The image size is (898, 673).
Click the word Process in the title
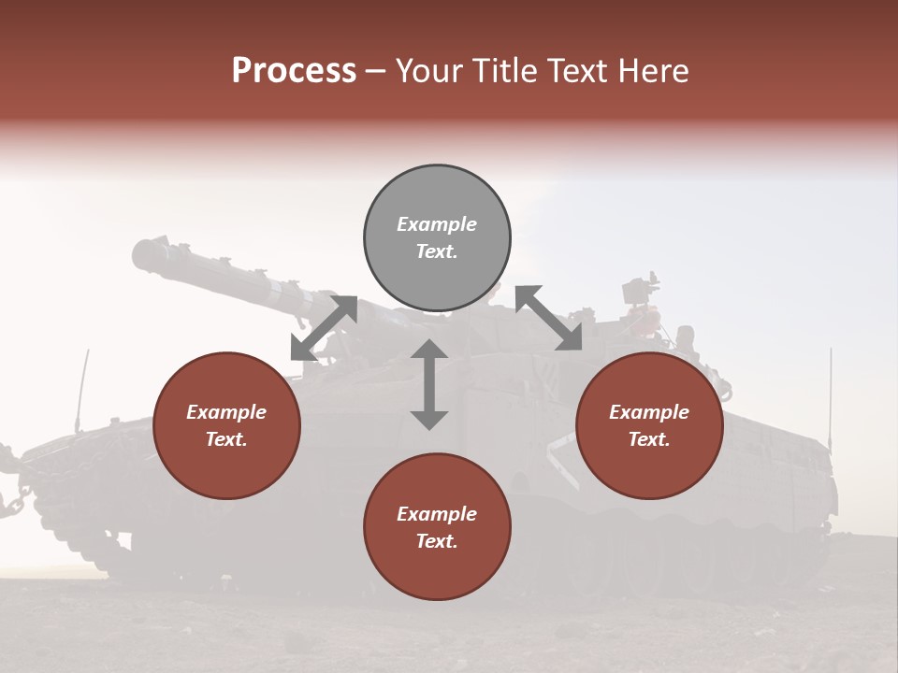(294, 71)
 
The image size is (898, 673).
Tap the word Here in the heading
(652, 71)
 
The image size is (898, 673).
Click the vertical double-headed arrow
(429, 384)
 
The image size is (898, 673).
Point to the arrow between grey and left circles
(324, 327)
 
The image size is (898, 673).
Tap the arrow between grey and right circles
(549, 318)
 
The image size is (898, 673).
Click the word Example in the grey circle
(437, 224)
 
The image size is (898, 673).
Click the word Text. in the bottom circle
(437, 541)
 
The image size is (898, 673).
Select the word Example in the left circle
(226, 412)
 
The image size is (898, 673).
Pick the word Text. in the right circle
(649, 439)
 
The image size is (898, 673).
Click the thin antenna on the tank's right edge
(830, 393)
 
